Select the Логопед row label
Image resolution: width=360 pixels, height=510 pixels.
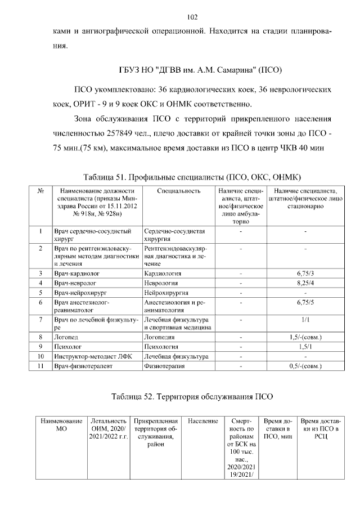[67, 338]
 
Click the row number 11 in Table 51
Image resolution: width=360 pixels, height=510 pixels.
[41, 366]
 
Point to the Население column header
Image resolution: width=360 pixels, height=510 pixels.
[203, 421]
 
